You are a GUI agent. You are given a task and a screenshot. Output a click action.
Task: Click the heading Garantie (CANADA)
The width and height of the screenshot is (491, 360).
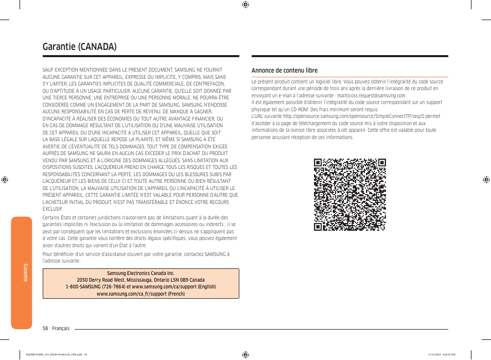click(79, 46)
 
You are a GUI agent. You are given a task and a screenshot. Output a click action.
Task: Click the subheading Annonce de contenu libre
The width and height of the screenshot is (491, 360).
click(284, 71)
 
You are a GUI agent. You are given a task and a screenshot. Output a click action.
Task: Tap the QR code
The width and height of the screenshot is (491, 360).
click(350, 195)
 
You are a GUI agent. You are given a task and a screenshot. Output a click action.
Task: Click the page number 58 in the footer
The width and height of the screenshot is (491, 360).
click(45, 328)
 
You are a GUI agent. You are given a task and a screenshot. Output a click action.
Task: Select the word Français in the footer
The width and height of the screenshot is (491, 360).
click(61, 328)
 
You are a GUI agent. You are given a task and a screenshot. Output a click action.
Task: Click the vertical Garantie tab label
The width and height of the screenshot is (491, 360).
click(25, 272)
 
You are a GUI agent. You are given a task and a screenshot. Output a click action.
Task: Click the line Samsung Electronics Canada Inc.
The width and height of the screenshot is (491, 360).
click(141, 273)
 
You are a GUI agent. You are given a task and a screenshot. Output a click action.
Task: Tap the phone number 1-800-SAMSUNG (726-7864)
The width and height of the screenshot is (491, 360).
click(95, 287)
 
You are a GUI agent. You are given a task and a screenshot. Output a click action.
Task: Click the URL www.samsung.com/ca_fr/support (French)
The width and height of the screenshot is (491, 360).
click(141, 294)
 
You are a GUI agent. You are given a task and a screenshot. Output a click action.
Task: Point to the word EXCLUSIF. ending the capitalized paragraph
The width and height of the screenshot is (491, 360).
click(52, 209)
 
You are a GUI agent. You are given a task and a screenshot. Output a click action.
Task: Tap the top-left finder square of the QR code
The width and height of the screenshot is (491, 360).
click(319, 163)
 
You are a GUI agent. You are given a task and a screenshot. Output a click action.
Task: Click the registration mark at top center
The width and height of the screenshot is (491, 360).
click(246, 5)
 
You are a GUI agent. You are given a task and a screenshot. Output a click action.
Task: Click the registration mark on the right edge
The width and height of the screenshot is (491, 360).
click(486, 180)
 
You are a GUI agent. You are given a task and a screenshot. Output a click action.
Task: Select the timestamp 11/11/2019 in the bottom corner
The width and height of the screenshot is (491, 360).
click(435, 354)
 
